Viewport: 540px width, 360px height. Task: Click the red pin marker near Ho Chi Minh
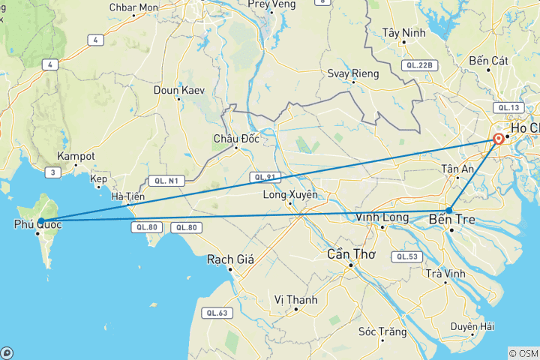(x=498, y=139)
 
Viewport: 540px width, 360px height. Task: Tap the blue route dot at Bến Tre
(x=449, y=210)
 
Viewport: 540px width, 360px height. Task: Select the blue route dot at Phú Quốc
(x=41, y=220)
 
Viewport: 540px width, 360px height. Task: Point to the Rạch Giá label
(x=230, y=259)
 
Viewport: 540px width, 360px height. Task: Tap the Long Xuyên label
(x=290, y=196)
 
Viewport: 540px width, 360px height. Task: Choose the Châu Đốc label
(x=235, y=138)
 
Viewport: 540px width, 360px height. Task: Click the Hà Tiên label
(x=127, y=196)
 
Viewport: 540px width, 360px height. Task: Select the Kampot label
(x=76, y=156)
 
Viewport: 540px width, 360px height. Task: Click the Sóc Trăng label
(x=382, y=331)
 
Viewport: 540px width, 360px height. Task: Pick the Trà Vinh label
(x=445, y=274)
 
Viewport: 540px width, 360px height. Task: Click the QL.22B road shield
(x=418, y=65)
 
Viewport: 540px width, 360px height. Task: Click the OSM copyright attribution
(x=523, y=352)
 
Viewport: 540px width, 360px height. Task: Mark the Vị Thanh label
(x=295, y=299)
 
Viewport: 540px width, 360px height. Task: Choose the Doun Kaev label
(x=178, y=90)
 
